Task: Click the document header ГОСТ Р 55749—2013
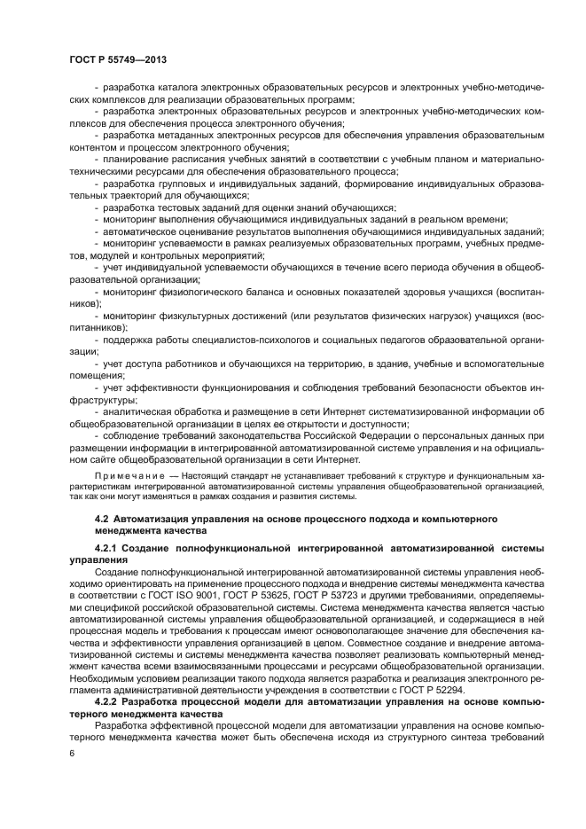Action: click(117, 59)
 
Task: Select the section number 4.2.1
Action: click(109, 550)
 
